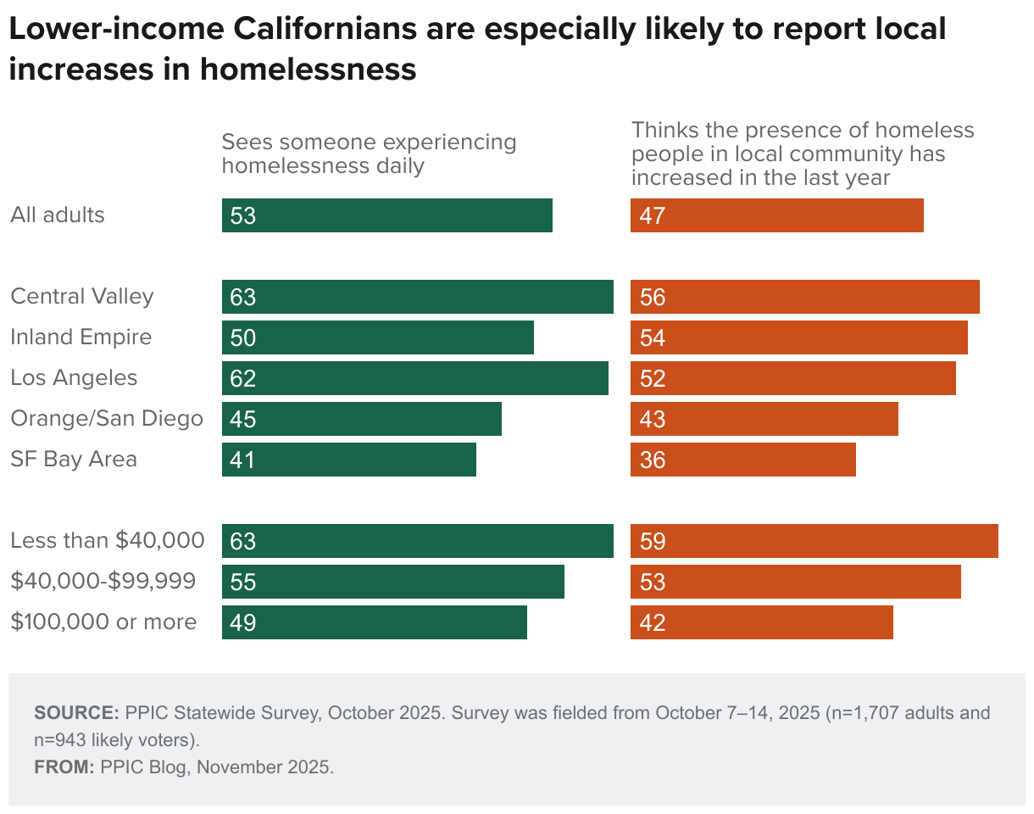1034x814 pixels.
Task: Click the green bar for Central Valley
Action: point(417,297)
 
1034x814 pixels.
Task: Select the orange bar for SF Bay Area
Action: point(742,460)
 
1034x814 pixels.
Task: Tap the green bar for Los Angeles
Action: point(414,378)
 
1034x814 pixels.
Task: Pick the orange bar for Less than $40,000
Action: point(814,541)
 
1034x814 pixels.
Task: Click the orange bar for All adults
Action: point(776,215)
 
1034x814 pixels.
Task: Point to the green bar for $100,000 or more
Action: point(374,622)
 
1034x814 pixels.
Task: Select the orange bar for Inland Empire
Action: point(798,337)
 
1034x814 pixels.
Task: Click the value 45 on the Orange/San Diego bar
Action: point(242,419)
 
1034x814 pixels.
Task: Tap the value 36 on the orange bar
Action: point(653,460)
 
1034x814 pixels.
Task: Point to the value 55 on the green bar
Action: point(242,582)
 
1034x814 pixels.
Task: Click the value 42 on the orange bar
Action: point(653,622)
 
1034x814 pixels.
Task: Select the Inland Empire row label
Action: point(81,337)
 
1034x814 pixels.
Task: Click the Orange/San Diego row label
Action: point(107,419)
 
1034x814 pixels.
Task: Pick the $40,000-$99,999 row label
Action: point(103,582)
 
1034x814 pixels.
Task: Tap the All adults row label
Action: point(58,215)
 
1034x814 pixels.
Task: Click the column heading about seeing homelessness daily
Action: point(369,153)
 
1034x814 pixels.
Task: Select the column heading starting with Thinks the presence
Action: point(803,153)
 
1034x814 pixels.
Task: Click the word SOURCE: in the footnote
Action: point(76,712)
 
